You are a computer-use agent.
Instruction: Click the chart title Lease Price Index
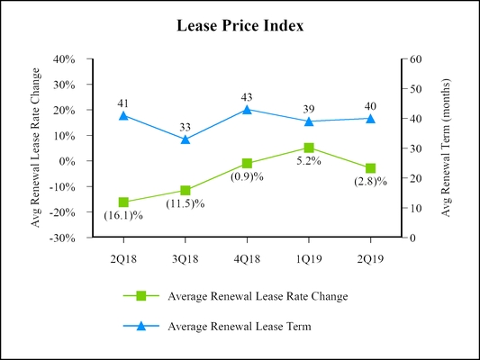(240, 26)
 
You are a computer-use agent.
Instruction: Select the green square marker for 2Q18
(123, 202)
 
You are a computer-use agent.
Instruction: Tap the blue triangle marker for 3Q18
(186, 139)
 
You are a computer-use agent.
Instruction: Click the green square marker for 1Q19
(309, 148)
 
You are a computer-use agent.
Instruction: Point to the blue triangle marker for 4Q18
(248, 110)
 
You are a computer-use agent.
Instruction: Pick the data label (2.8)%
(370, 182)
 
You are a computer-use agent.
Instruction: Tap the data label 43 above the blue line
(248, 96)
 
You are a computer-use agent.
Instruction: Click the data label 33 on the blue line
(186, 126)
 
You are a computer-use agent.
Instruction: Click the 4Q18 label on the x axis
(248, 256)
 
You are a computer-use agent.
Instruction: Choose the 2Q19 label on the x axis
(370, 256)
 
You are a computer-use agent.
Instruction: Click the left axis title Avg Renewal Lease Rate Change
(37, 148)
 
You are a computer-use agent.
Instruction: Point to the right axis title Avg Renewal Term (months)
(446, 148)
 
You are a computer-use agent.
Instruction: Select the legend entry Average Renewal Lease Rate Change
(257, 296)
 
